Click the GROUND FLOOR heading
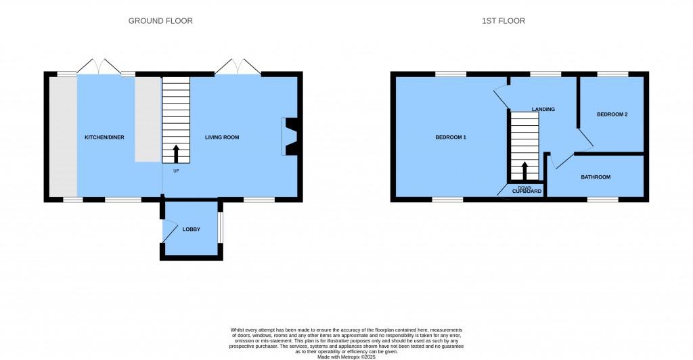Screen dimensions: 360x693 160,21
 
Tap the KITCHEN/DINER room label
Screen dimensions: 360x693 104,137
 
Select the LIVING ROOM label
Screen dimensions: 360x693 222,137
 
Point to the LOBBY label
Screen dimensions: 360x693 192,229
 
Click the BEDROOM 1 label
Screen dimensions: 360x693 450,137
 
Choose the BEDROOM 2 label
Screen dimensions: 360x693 612,114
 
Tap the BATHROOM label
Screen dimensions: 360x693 596,177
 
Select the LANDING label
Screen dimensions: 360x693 543,109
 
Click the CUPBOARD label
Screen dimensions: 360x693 527,192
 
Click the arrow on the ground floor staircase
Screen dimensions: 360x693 176,154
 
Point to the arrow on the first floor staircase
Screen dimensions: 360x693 524,171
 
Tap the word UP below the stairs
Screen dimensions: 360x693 176,171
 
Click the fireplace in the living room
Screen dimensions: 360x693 290,137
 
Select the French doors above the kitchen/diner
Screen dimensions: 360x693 100,66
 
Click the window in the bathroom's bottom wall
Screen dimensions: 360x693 602,200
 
